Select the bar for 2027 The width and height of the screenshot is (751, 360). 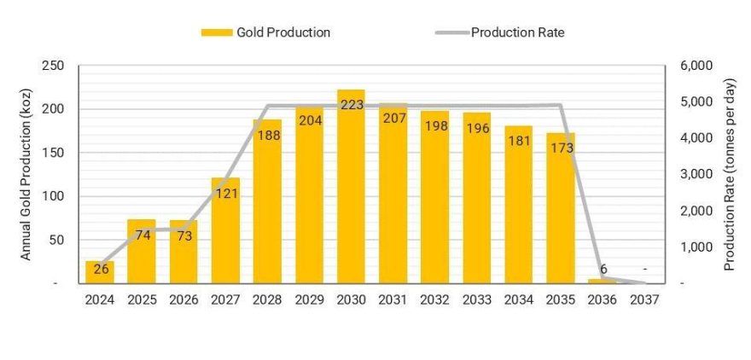[x=225, y=235]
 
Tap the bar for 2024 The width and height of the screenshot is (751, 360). [x=100, y=272]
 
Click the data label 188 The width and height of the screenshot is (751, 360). [x=268, y=134]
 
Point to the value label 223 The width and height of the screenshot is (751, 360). [x=351, y=105]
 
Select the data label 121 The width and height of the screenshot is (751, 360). [x=226, y=193]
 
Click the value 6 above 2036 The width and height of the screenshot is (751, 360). [x=603, y=269]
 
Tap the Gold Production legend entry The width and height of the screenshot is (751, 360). [x=265, y=32]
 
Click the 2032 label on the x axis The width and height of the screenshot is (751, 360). [x=434, y=299]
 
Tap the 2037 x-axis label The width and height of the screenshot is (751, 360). [x=644, y=299]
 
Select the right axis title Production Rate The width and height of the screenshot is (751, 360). [x=729, y=174]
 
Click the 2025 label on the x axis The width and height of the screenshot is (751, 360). [x=142, y=299]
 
